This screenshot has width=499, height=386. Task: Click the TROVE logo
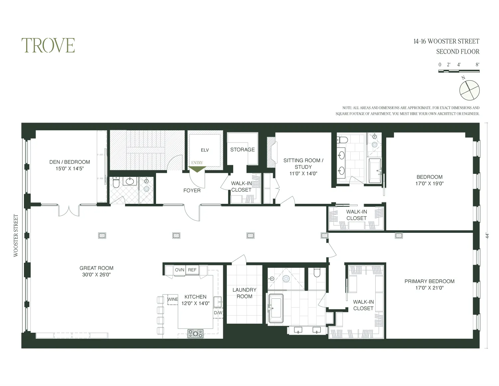click(x=48, y=45)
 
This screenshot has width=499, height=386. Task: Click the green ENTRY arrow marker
click(x=197, y=169)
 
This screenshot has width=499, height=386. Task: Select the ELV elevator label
click(x=205, y=150)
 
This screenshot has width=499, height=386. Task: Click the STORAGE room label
click(x=243, y=150)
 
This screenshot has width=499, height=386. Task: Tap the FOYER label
click(x=192, y=191)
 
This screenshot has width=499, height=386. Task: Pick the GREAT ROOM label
click(x=96, y=268)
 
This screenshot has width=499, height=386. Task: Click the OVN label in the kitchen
click(x=180, y=270)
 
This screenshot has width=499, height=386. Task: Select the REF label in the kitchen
click(x=192, y=270)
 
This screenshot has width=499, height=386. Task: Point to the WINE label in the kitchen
click(x=173, y=299)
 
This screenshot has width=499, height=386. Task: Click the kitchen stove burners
click(x=195, y=333)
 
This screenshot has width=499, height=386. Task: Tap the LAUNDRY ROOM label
click(x=245, y=293)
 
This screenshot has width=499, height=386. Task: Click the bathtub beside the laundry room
click(x=276, y=308)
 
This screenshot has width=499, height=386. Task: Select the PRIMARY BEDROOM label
click(x=429, y=281)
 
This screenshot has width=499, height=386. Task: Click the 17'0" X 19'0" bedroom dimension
click(x=429, y=184)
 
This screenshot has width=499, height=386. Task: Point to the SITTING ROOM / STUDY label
click(x=303, y=164)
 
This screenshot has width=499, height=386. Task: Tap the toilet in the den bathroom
click(x=116, y=183)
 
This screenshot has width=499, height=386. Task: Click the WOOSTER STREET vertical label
click(x=16, y=235)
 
